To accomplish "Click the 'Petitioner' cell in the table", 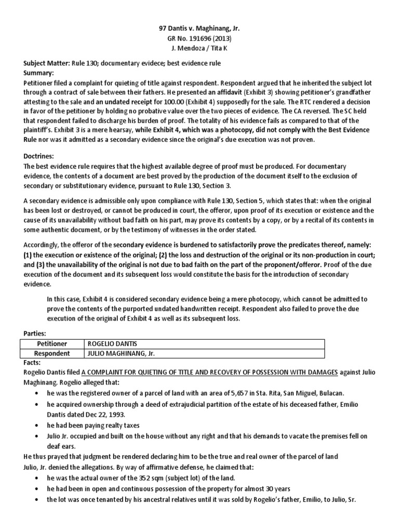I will (50, 344).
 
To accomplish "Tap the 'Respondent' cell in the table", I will (50, 353).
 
